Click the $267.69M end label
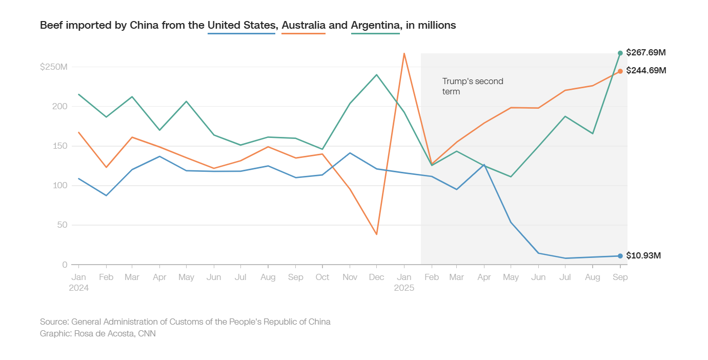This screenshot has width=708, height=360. [646, 53]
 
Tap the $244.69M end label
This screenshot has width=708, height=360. [646, 71]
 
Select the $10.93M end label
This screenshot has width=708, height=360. [643, 255]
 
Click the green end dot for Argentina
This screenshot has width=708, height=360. [620, 53]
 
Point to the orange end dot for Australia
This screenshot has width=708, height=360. [620, 71]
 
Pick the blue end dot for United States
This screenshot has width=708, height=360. [620, 256]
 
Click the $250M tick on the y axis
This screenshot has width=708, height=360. [54, 67]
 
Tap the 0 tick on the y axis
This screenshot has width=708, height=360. [65, 265]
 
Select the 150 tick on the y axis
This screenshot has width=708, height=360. [60, 146]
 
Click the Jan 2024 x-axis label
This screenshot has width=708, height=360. [78, 282]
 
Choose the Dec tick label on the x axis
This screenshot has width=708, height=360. [377, 277]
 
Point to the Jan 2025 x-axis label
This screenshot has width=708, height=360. [404, 282]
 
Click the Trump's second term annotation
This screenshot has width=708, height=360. [473, 86]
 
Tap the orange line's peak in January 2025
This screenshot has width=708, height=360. [404, 53]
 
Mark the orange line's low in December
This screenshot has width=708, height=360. [377, 234]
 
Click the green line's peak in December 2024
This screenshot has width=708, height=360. [377, 75]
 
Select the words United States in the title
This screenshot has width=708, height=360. [241, 25]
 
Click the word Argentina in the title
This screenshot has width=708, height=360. [375, 25]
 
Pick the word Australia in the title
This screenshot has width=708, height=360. [304, 25]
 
